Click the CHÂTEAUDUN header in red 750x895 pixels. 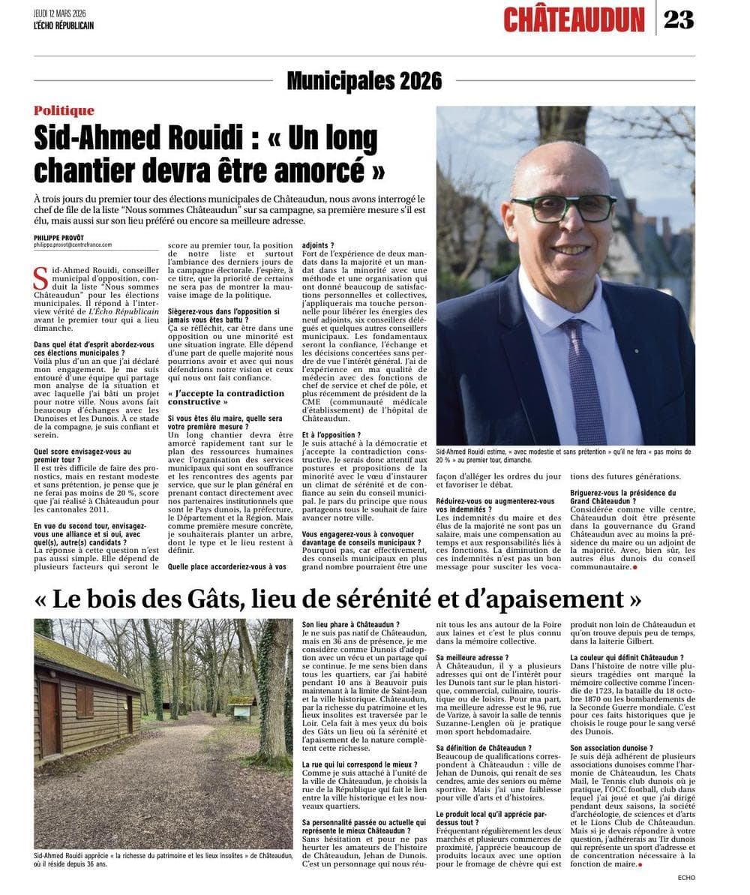(x=574, y=20)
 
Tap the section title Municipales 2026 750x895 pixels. (x=364, y=80)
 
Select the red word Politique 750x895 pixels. (x=64, y=110)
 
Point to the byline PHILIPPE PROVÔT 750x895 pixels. (x=59, y=237)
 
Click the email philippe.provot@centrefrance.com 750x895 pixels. (x=73, y=245)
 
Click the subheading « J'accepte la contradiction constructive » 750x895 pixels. (x=226, y=397)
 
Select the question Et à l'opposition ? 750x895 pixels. (x=331, y=434)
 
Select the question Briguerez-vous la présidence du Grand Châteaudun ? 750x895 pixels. (x=613, y=496)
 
